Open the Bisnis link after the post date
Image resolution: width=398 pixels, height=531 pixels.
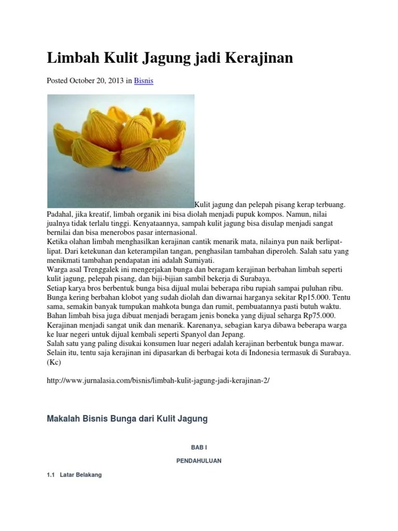click(144, 81)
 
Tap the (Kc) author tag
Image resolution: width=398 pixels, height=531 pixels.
click(54, 362)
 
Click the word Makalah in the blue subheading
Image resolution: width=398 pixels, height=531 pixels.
click(64, 418)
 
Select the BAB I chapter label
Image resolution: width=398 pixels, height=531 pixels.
click(199, 446)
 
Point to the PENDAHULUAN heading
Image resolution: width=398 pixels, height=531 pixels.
click(199, 460)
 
